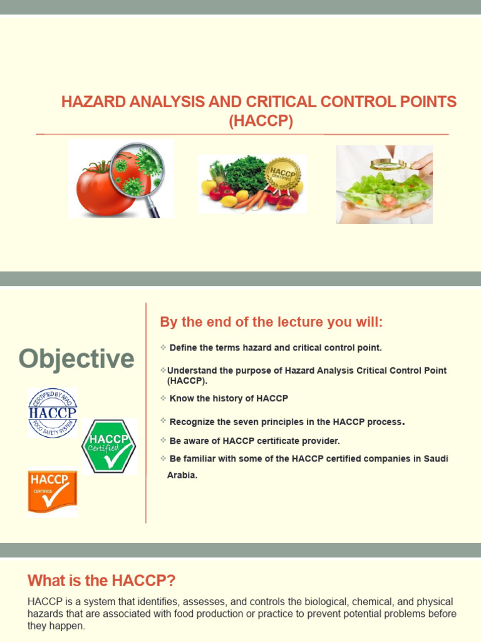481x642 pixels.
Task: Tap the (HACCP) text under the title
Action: [261, 120]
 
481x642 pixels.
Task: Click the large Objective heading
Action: [76, 359]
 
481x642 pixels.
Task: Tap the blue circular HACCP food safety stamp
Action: [53, 413]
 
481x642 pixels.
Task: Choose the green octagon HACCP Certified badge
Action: [109, 446]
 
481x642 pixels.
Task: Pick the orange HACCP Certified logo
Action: [53, 492]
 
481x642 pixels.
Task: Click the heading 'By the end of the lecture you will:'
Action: [271, 322]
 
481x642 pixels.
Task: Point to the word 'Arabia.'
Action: [182, 475]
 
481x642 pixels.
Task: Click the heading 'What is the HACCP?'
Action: [106, 580]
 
